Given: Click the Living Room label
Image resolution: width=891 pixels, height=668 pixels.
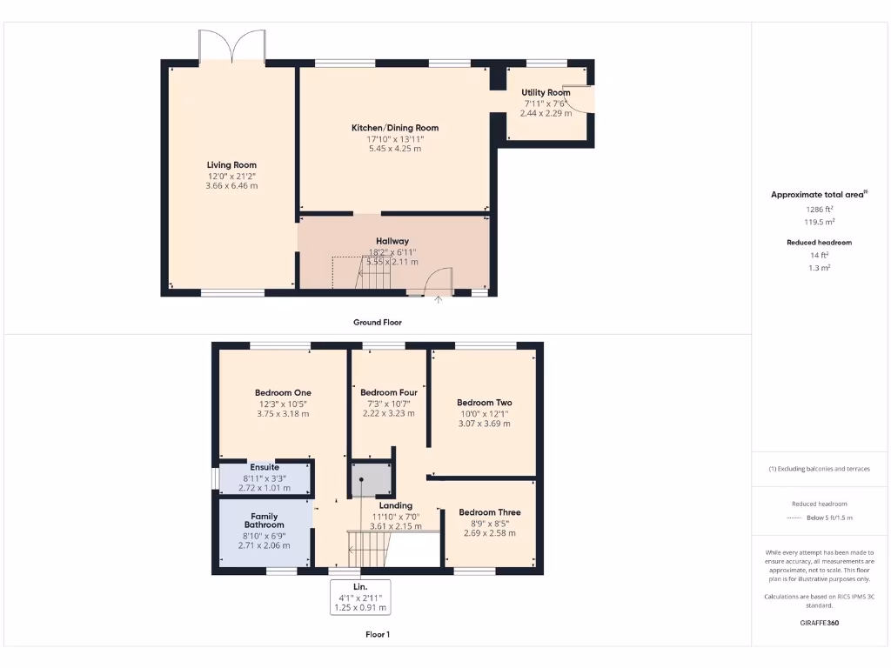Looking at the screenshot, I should (231, 164).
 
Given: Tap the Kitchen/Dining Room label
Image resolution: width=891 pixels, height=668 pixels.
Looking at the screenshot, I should (394, 128).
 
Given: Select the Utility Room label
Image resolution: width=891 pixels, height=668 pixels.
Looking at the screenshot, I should (546, 93).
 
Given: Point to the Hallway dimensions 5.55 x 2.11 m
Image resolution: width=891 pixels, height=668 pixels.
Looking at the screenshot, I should (393, 262).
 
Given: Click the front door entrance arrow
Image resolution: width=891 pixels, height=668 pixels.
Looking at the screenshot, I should (438, 300).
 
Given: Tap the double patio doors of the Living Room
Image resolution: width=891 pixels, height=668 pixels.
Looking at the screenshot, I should (232, 47).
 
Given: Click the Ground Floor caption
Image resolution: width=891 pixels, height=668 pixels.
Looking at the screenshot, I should (377, 322).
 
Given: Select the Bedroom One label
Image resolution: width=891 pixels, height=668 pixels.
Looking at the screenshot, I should (283, 392).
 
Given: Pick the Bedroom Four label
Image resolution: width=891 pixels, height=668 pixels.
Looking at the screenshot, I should (389, 392).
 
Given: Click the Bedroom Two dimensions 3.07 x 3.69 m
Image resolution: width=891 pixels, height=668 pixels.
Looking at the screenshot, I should (485, 424).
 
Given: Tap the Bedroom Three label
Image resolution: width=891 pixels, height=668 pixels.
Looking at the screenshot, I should (489, 512).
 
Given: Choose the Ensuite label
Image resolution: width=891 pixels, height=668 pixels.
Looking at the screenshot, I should (265, 467).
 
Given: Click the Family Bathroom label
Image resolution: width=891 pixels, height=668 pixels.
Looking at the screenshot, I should (264, 520).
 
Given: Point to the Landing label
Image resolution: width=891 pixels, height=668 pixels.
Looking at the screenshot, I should (396, 505).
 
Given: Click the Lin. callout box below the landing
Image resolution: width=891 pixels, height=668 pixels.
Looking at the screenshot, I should (360, 598).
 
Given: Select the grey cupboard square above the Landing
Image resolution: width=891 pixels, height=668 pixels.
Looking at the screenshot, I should (372, 479).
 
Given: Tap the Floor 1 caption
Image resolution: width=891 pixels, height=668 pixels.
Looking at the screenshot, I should (377, 634).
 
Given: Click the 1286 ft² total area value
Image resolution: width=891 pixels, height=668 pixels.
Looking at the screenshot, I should (819, 209).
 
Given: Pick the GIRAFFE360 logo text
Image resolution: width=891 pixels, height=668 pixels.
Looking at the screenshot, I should (819, 623).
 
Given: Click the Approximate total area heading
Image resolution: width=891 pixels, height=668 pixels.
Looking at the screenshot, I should (819, 195).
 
